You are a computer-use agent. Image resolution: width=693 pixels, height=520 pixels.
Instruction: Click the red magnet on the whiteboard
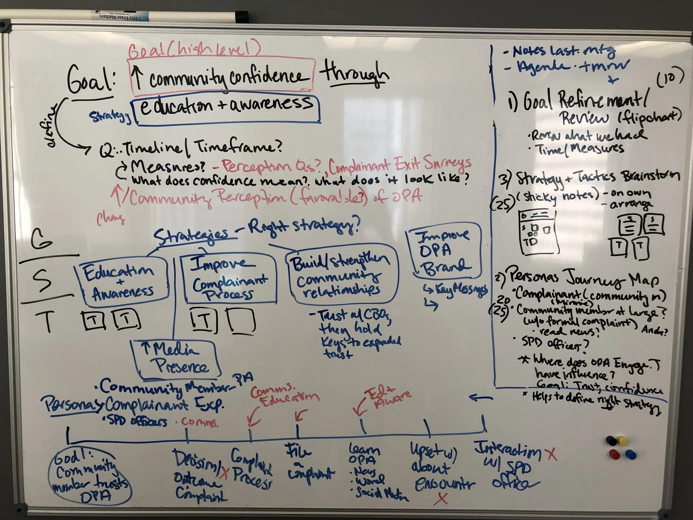click(614, 454)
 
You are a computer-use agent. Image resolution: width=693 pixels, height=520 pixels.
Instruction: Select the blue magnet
click(630, 454)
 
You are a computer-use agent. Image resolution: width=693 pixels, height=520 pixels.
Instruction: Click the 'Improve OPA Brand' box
click(444, 251)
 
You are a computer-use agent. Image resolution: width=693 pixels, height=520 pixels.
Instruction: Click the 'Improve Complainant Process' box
click(229, 279)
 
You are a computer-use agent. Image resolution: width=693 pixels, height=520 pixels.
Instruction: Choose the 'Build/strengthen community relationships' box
click(342, 276)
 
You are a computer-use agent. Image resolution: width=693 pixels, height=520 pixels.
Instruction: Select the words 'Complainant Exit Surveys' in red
click(399, 164)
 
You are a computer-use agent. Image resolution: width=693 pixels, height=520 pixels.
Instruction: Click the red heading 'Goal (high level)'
click(194, 50)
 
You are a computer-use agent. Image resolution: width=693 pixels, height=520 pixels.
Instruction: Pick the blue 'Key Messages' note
click(456, 290)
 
